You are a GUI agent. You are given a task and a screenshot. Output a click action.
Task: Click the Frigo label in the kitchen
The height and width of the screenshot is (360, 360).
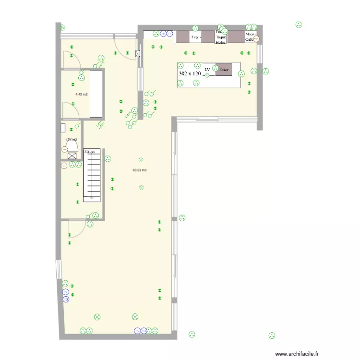(x=195, y=37)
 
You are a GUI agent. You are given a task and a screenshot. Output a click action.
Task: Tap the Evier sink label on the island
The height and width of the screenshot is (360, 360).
(x=224, y=70)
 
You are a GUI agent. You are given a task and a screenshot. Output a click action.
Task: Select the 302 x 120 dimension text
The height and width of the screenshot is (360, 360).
(x=190, y=74)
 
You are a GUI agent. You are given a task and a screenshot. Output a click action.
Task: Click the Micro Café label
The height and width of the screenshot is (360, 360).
(x=250, y=37)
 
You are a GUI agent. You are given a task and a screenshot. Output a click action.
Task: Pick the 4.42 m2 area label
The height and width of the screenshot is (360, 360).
(x=81, y=95)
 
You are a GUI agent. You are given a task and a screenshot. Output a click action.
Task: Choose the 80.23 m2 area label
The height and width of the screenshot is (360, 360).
(x=140, y=170)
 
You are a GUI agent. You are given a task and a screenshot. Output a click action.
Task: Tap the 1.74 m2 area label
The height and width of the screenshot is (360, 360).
(x=71, y=140)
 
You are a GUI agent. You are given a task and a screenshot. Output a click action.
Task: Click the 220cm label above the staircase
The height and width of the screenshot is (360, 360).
(x=90, y=152)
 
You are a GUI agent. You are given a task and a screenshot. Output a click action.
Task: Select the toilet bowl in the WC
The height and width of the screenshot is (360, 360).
(x=72, y=145)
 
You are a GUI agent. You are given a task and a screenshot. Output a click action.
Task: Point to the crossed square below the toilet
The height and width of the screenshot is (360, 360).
(x=72, y=156)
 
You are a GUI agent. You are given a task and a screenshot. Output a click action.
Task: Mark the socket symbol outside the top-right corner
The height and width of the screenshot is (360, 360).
(x=299, y=24)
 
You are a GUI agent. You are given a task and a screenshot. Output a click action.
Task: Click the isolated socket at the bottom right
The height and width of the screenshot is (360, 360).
(x=272, y=335)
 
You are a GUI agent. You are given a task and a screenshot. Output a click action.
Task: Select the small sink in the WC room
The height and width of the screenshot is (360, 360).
(x=63, y=128)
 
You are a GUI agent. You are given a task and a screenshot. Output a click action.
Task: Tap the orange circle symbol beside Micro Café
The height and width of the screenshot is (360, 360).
(x=256, y=40)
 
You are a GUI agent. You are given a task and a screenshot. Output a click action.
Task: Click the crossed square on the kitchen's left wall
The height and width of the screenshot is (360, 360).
(x=139, y=54)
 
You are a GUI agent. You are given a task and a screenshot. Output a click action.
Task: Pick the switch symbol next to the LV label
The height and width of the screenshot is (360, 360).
(x=207, y=74)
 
